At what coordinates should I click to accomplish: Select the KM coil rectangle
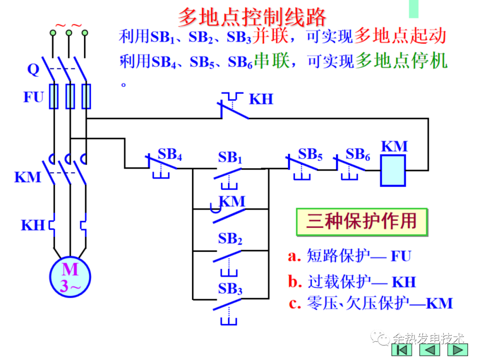(393, 170)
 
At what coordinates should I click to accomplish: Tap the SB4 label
(170, 155)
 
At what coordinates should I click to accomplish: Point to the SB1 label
(230, 158)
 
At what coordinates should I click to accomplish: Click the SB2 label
(230, 240)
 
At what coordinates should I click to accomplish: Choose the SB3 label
(230, 289)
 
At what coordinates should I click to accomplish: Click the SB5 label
(310, 155)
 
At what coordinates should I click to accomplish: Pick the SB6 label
(358, 155)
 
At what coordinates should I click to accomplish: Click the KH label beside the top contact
(261, 99)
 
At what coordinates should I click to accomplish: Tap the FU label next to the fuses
(34, 97)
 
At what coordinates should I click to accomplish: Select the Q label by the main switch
(33, 69)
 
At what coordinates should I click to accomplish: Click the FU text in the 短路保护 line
(401, 256)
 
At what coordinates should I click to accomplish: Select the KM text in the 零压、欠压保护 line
(439, 304)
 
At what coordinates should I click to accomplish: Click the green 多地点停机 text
(401, 61)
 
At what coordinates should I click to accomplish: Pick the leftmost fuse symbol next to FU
(54, 96)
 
